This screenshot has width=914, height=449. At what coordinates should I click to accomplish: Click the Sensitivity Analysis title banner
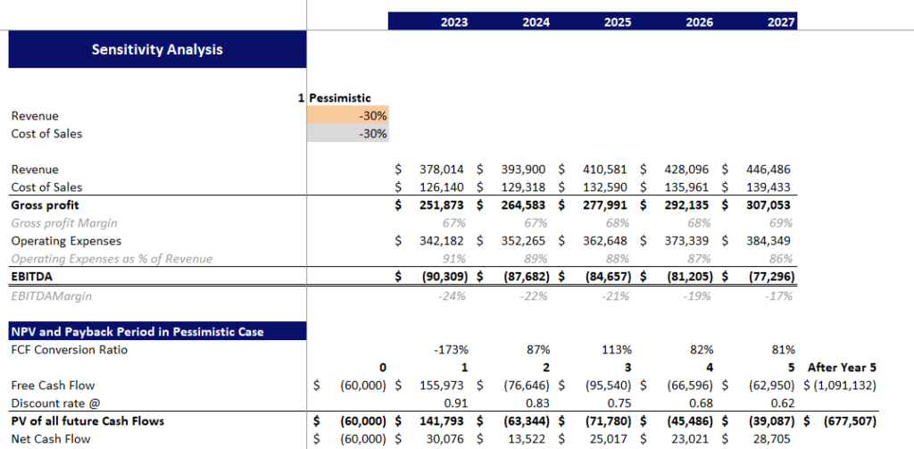(x=157, y=50)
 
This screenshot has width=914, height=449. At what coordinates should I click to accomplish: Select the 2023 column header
(x=453, y=22)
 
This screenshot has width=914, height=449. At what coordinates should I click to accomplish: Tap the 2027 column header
(x=781, y=22)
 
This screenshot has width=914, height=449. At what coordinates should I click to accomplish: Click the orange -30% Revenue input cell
(x=348, y=116)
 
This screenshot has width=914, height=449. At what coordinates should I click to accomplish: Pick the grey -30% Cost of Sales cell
(x=348, y=134)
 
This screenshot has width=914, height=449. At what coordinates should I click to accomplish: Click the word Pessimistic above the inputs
(x=340, y=98)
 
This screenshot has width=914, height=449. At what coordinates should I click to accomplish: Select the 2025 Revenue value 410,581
(x=602, y=170)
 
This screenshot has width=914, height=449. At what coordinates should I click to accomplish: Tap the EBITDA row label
(x=32, y=277)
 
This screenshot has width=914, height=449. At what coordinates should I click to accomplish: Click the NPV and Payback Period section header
(x=137, y=331)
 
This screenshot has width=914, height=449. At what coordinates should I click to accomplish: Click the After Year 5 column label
(x=842, y=367)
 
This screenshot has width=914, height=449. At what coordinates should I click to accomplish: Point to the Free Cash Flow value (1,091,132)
(x=842, y=385)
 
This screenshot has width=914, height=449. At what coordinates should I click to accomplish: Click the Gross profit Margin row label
(x=64, y=223)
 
